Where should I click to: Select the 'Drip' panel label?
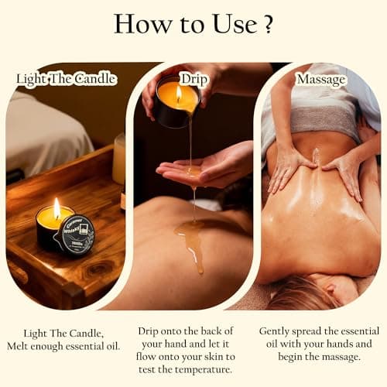(x=193, y=78)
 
